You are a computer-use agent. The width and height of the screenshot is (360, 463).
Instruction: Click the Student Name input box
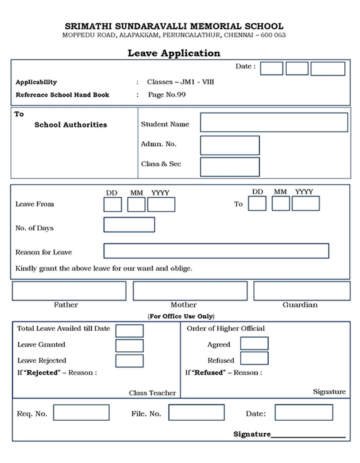pyautogui.click(x=274, y=122)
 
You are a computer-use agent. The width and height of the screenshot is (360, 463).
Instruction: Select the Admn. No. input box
pyautogui.click(x=229, y=145)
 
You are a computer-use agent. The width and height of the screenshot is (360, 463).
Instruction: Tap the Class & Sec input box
pyautogui.click(x=229, y=167)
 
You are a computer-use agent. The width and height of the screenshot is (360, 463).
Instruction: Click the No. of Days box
pyautogui.click(x=129, y=225)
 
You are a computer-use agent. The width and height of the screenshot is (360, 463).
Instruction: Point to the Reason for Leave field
pyautogui.click(x=216, y=251)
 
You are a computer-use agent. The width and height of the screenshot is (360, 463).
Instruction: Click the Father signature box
pyautogui.click(x=69, y=291)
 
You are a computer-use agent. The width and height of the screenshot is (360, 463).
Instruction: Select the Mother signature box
pyautogui.click(x=190, y=291)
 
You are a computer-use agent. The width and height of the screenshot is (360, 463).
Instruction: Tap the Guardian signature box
pyautogui.click(x=301, y=291)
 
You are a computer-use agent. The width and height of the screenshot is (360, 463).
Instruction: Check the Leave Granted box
pyautogui.click(x=130, y=345)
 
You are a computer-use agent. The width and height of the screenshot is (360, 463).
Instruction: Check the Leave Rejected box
pyautogui.click(x=130, y=361)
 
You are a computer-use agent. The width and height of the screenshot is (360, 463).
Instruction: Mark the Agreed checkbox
pyautogui.click(x=254, y=343)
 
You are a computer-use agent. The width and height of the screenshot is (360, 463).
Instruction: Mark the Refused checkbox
pyautogui.click(x=254, y=359)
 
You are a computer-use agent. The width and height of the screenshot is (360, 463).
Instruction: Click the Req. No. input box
pyautogui.click(x=81, y=413)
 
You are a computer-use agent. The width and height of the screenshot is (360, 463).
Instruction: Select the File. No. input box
pyautogui.click(x=196, y=413)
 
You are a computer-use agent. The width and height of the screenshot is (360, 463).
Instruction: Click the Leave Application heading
pyautogui.click(x=174, y=53)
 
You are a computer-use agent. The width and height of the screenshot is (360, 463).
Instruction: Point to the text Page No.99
pyautogui.click(x=166, y=95)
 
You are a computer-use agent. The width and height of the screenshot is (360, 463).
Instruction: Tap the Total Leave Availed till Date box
pyautogui.click(x=130, y=331)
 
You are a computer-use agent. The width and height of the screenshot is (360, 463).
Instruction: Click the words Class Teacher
pyautogui.click(x=153, y=393)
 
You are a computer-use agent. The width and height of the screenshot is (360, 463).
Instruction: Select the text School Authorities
pyautogui.click(x=71, y=125)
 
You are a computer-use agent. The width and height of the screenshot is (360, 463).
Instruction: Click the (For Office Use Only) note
pyautogui.click(x=181, y=316)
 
